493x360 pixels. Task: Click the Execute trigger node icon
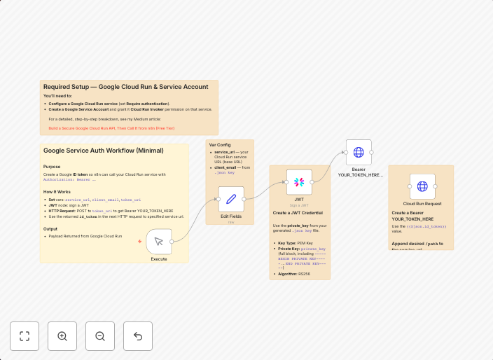click(159, 241)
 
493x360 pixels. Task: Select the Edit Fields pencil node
click(231, 199)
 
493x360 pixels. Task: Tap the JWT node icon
click(299, 182)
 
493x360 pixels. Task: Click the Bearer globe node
click(359, 152)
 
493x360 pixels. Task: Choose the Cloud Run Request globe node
click(422, 186)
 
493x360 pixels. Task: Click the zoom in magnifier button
click(62, 336)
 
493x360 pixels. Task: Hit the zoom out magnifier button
click(100, 336)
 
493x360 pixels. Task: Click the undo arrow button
click(138, 336)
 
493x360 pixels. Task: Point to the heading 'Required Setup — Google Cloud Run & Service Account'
click(125, 87)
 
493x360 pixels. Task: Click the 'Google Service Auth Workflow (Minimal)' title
click(103, 150)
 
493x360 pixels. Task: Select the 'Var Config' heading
click(220, 145)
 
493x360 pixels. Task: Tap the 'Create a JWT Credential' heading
click(298, 212)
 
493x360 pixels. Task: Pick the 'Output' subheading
click(50, 228)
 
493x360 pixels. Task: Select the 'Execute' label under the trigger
click(159, 259)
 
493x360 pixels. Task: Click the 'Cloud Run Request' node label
click(422, 204)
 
